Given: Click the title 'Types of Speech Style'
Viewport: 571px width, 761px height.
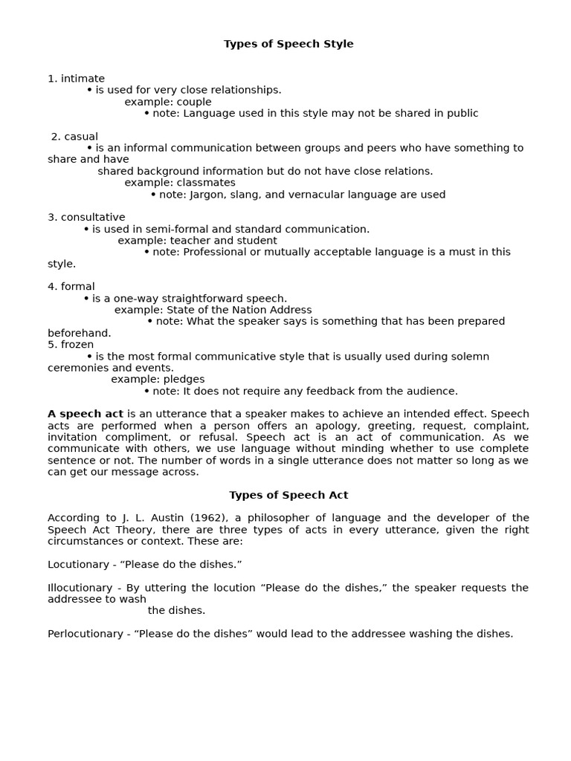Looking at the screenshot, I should click(x=288, y=44).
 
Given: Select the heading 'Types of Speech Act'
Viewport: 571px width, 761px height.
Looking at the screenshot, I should click(x=288, y=495).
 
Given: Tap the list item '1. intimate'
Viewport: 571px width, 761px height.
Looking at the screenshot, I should click(x=76, y=79).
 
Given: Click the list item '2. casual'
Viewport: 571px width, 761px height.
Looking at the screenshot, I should click(x=74, y=137).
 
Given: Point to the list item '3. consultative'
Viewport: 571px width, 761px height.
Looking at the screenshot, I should click(x=86, y=218).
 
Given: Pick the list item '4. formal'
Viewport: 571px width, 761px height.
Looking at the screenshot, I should click(x=71, y=287).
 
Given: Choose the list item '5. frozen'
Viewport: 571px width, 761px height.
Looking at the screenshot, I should click(x=71, y=345).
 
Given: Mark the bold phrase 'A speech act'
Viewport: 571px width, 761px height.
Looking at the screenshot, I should click(x=86, y=414).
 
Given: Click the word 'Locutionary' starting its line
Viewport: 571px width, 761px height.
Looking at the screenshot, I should click(x=78, y=564).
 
